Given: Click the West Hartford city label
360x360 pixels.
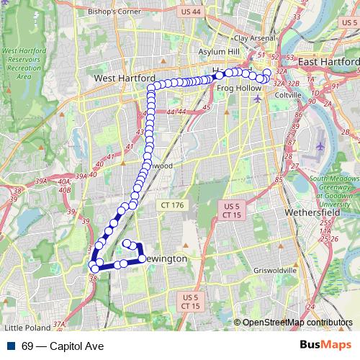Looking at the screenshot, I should pos(125,77).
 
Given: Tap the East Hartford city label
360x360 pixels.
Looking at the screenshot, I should pos(328,63).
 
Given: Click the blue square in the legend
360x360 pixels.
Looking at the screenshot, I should pos(9,346).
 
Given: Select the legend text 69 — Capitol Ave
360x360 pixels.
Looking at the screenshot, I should pos(63,346).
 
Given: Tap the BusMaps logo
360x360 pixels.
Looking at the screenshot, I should pos(325,346).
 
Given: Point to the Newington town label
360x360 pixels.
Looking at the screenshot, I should pos(167,258).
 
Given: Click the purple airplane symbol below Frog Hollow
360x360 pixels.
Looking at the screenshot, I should pos(258,98).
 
